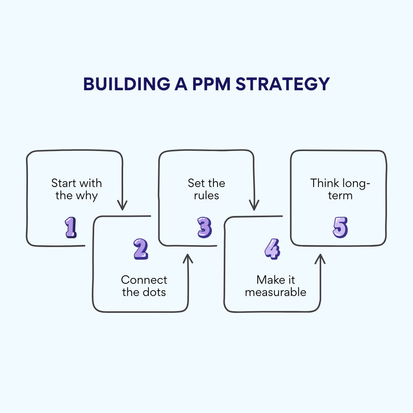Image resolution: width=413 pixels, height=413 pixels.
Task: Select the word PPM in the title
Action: point(210,84)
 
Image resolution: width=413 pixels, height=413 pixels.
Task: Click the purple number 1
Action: point(70,228)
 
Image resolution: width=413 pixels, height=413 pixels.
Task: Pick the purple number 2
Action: point(141,249)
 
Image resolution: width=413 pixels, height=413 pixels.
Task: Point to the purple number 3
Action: point(204,228)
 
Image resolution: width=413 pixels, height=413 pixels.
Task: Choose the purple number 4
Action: point(272,249)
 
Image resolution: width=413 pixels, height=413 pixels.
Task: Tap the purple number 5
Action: point(340,228)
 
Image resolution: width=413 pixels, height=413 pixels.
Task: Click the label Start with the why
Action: point(76,189)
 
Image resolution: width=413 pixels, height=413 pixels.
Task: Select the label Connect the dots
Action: point(144,286)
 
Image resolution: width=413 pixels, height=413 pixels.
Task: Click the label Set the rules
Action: point(206,189)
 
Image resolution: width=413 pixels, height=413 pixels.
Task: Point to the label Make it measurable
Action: point(276,286)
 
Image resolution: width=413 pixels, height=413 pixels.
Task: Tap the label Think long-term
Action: point(340,189)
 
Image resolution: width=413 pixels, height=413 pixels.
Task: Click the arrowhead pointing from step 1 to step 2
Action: point(122,206)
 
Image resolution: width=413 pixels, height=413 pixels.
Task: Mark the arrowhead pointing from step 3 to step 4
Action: point(254,206)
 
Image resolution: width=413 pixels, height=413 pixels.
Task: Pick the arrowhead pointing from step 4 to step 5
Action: point(320,259)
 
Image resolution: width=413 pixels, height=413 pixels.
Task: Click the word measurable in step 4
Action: point(276,293)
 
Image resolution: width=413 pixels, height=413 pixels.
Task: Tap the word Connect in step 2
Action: point(144,280)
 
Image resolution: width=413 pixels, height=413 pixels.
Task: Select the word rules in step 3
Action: point(206,196)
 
